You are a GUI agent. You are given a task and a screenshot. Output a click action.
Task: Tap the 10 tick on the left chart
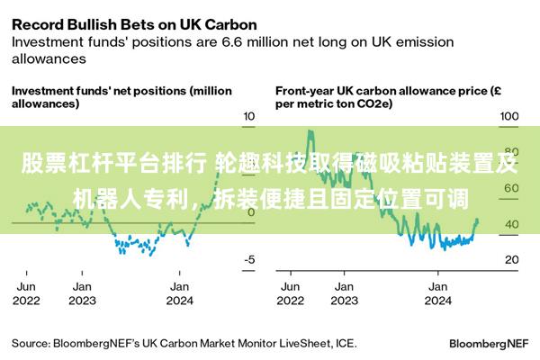tap(250, 117)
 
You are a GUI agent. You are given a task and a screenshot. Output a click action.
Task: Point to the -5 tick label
tap(249, 259)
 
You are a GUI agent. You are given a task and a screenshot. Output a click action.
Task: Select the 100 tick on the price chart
tap(509, 117)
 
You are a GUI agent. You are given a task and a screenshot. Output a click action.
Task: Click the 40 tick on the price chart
tap(511, 224)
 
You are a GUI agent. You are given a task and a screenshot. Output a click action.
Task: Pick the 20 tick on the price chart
tap(511, 259)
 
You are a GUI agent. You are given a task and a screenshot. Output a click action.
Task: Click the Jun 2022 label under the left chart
tap(27, 292)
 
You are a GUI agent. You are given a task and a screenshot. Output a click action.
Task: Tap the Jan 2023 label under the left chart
tap(82, 292)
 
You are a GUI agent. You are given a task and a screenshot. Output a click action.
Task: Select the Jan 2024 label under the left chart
tap(179, 292)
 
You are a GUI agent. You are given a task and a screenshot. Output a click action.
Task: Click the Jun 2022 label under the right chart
tap(290, 292)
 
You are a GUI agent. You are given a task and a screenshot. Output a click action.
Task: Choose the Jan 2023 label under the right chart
tap(343, 292)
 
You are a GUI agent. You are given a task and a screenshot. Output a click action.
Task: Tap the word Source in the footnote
tap(30, 343)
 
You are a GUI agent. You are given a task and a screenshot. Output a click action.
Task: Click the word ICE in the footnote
tap(345, 343)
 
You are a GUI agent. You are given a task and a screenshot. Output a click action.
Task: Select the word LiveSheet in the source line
tap(301, 343)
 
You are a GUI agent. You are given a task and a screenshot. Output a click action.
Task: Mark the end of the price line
tap(477, 220)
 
